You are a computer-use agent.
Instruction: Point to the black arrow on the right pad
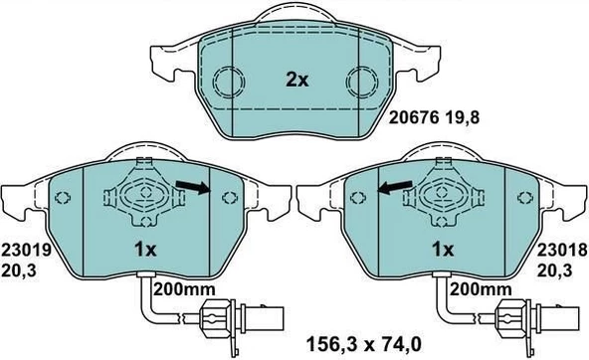tap(395, 185)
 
